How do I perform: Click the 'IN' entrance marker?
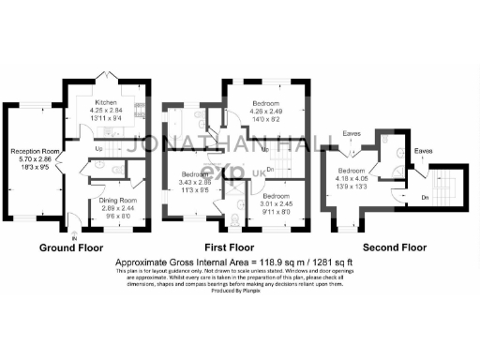pyautogui.click(x=73, y=228)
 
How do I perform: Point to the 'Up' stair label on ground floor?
pyautogui.click(x=99, y=148)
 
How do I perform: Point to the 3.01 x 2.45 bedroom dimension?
pyautogui.click(x=264, y=204)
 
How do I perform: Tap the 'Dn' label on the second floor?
pyautogui.click(x=425, y=196)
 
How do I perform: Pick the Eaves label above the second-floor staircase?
pyautogui.click(x=423, y=151)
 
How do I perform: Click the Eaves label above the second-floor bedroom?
pyautogui.click(x=352, y=133)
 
